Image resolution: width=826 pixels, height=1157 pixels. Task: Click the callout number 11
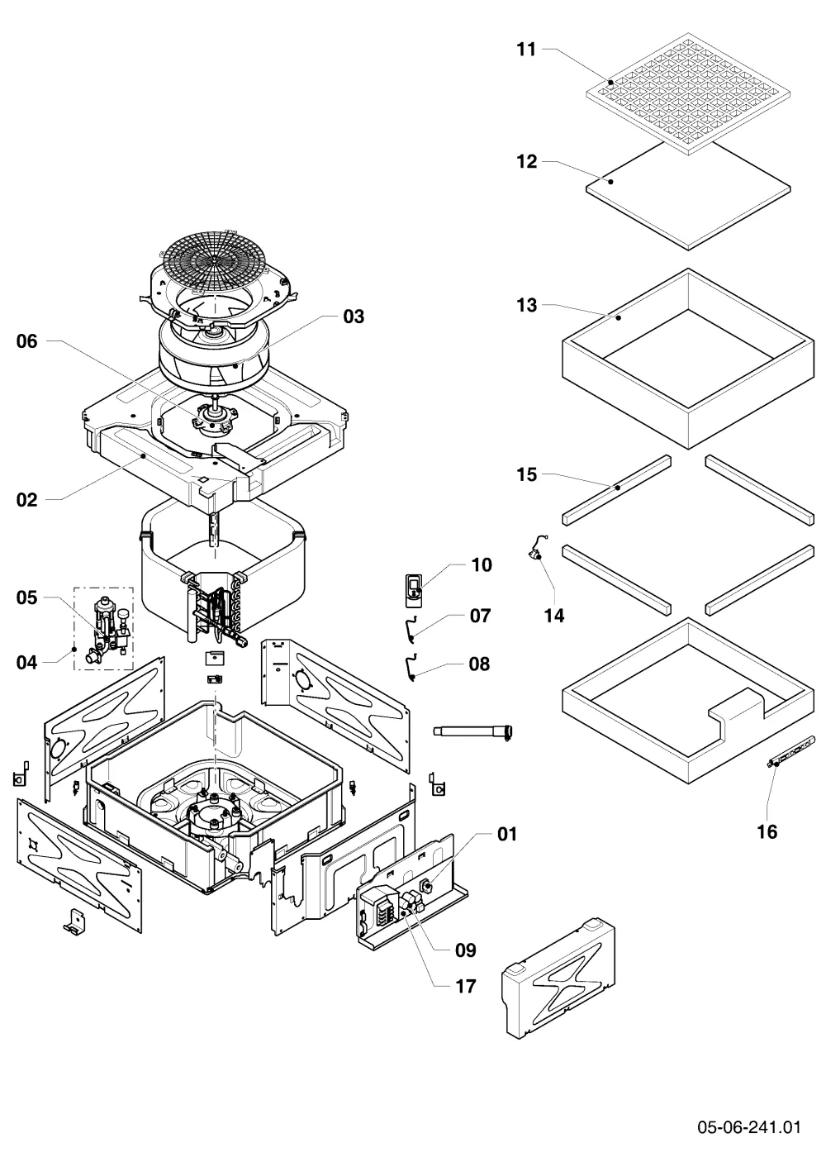tap(527, 50)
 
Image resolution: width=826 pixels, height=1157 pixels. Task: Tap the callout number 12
tap(527, 162)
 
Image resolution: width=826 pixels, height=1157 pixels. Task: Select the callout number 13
tap(527, 305)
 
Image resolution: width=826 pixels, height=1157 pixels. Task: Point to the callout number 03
tap(354, 316)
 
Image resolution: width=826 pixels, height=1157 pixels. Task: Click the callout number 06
tap(26, 340)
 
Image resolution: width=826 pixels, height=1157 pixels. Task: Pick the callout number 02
tap(26, 499)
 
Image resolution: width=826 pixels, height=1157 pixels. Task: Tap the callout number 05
tap(26, 598)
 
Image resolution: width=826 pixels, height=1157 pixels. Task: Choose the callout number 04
tap(26, 662)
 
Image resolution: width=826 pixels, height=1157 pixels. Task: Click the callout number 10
tap(482, 564)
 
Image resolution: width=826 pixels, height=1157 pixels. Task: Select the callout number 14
tap(554, 616)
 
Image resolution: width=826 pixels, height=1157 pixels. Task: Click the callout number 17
tap(466, 987)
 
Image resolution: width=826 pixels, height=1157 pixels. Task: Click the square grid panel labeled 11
tap(688, 93)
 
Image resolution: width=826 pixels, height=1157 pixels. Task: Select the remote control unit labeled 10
tap(414, 590)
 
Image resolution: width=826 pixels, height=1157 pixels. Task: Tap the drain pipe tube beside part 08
tap(472, 731)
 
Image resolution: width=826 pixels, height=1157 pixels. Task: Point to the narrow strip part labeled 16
tap(790, 752)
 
